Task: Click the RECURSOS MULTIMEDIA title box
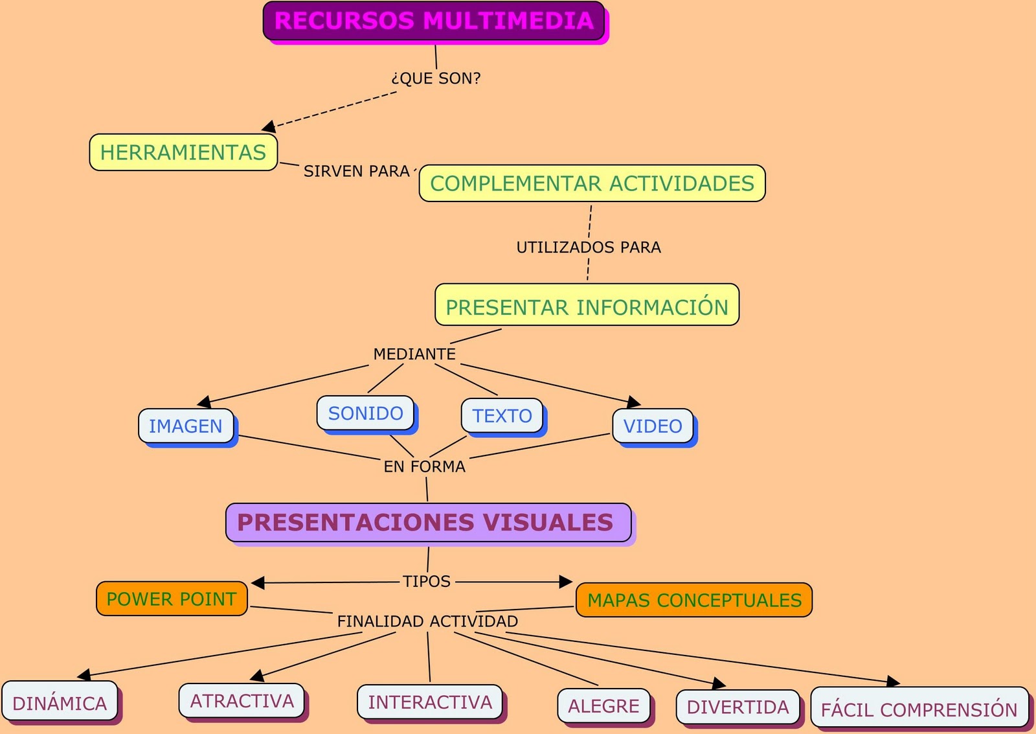pyautogui.click(x=434, y=21)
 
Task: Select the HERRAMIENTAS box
pyautogui.click(x=183, y=152)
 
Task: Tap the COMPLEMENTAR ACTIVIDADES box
pyautogui.click(x=592, y=183)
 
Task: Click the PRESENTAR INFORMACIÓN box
pyautogui.click(x=587, y=305)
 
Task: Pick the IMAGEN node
pyautogui.click(x=186, y=426)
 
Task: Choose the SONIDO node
pyautogui.click(x=365, y=413)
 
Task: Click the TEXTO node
pyautogui.click(x=502, y=415)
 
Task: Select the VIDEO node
pyautogui.click(x=653, y=426)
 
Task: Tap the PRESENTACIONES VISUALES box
pyautogui.click(x=428, y=522)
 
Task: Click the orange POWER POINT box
pyautogui.click(x=172, y=599)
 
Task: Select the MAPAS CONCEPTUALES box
pyautogui.click(x=694, y=600)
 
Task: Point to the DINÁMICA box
pyautogui.click(x=60, y=702)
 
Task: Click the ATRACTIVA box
pyautogui.click(x=242, y=701)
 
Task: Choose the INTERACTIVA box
pyautogui.click(x=430, y=702)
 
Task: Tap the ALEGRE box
pyautogui.click(x=603, y=705)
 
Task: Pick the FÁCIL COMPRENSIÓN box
pyautogui.click(x=919, y=708)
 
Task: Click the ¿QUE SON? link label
pyautogui.click(x=436, y=78)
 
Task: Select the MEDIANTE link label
pyautogui.click(x=414, y=354)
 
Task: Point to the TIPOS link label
pyautogui.click(x=427, y=581)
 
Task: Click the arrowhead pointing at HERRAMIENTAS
pyautogui.click(x=269, y=126)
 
